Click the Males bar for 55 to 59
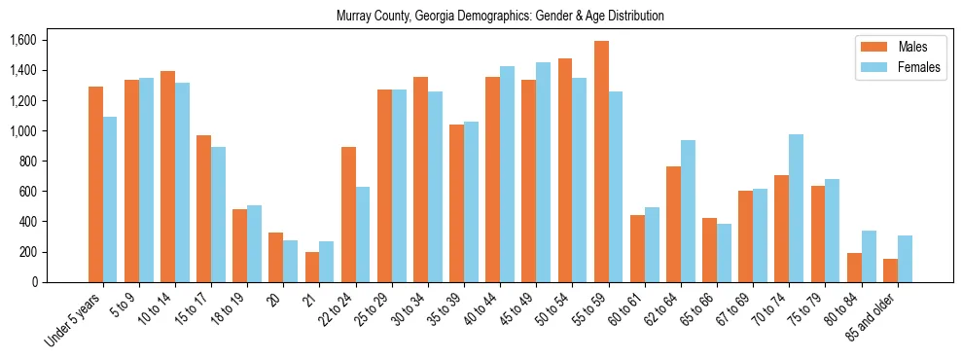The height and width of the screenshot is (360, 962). pyautogui.click(x=601, y=162)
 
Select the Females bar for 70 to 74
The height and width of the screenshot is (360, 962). pyautogui.click(x=796, y=208)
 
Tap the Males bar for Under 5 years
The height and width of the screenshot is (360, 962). pyautogui.click(x=95, y=184)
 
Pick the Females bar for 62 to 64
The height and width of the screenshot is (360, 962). pyautogui.click(x=688, y=211)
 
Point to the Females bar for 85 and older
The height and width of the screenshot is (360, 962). pyautogui.click(x=905, y=259)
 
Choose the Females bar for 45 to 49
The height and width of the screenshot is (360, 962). pyautogui.click(x=543, y=172)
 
